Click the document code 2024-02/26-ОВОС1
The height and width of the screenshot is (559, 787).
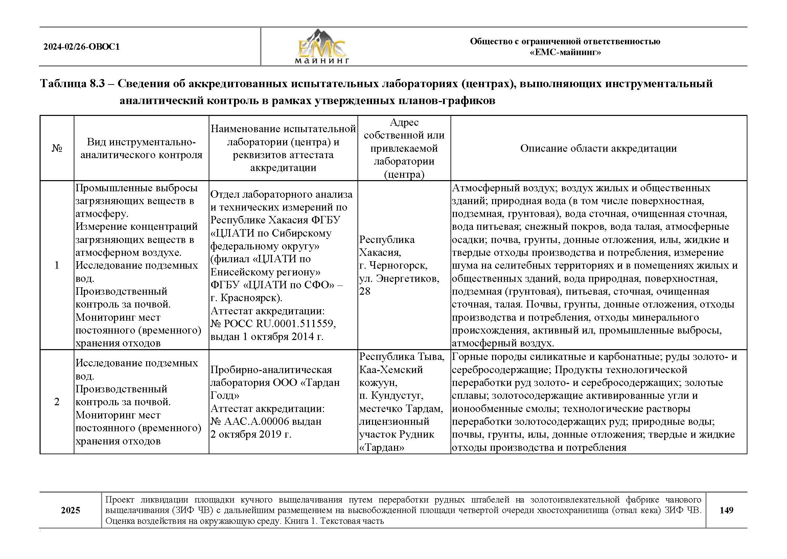click(x=82, y=47)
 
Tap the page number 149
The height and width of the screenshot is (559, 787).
click(x=726, y=510)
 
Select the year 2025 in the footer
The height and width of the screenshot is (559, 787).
click(x=71, y=510)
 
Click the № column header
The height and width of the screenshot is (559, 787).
click(x=57, y=148)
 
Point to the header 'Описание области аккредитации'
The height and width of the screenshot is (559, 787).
click(x=598, y=148)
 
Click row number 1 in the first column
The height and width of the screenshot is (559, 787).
click(x=57, y=265)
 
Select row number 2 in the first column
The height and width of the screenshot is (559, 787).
click(x=57, y=402)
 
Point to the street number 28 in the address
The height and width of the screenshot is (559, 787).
click(x=365, y=291)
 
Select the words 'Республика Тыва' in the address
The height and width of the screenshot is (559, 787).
click(x=401, y=357)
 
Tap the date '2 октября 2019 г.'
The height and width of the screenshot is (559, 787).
click(x=251, y=434)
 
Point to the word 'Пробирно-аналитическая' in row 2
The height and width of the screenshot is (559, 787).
click(x=271, y=370)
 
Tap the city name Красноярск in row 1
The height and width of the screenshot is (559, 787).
click(x=250, y=298)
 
